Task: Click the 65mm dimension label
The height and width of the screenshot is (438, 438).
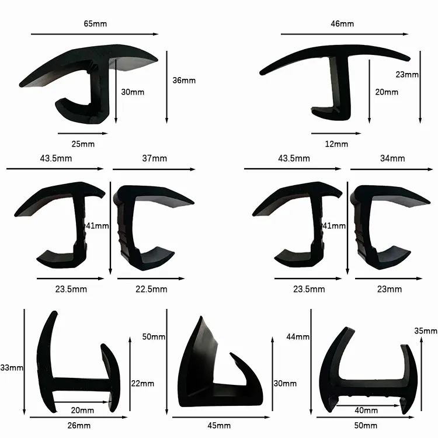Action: point(95,24)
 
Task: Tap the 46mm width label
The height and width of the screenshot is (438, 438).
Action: point(342,24)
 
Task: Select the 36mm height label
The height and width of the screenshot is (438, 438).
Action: point(184,81)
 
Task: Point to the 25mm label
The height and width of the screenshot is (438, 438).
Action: point(83,144)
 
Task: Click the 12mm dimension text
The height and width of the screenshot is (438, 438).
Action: point(336,144)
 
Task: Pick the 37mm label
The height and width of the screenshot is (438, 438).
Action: point(155,158)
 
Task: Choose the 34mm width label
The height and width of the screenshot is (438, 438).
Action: point(392,158)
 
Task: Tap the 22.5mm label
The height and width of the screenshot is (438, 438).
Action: point(151,289)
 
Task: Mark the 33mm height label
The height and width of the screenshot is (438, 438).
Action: point(12,367)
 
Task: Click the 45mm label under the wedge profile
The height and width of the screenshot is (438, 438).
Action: point(219,426)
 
